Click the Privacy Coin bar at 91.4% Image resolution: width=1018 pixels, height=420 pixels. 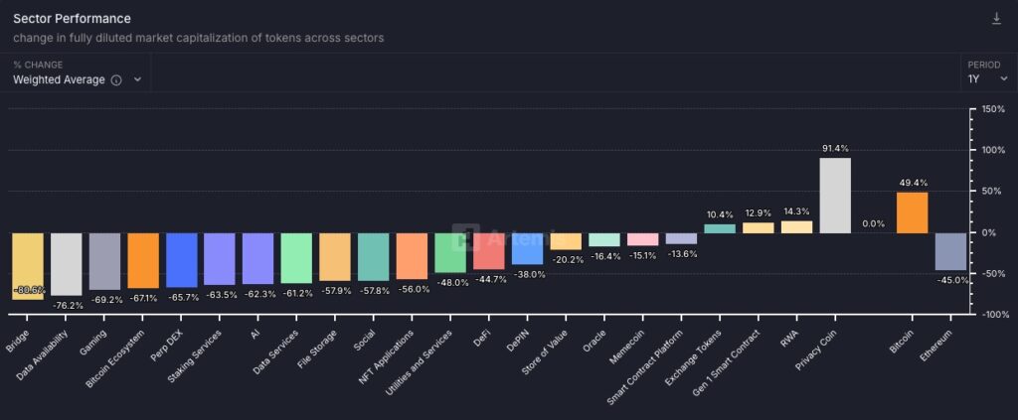[x=834, y=196]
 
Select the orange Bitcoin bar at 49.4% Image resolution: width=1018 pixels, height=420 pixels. [x=912, y=212]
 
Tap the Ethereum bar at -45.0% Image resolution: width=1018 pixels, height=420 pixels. [x=950, y=251]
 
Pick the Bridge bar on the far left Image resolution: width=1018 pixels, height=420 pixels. [x=28, y=265]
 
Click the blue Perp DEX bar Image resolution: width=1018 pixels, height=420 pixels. [x=182, y=259]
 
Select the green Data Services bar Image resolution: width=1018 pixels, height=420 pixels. [x=296, y=257]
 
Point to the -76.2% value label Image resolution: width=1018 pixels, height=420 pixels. [x=68, y=305]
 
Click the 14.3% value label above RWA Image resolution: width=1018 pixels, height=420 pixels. [x=796, y=211]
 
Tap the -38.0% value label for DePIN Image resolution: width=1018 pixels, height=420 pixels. [x=528, y=274]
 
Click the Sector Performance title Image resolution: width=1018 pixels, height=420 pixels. [x=72, y=19]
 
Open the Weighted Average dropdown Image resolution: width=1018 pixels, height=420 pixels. [x=77, y=79]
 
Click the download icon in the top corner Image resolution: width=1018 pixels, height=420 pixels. [x=997, y=19]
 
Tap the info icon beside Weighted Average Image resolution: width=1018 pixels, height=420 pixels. [x=116, y=80]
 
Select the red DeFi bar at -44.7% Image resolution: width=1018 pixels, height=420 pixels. [x=489, y=250]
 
